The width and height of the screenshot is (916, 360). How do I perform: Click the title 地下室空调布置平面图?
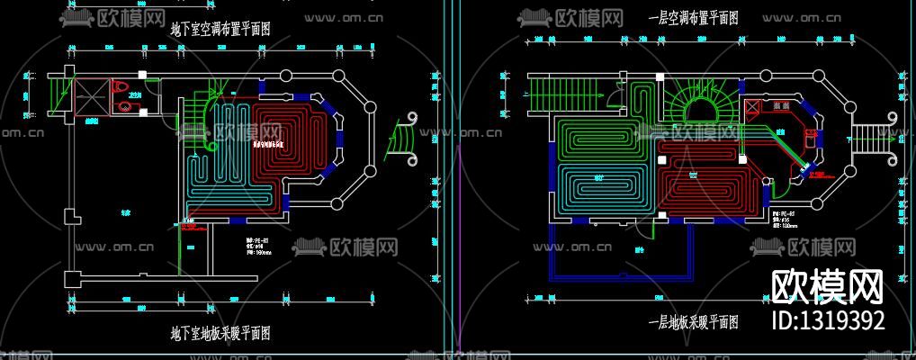pyautogui.click(x=220, y=29)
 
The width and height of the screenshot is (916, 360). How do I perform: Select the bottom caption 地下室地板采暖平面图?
pyautogui.click(x=220, y=333)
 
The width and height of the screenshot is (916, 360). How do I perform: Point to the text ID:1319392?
pyautogui.click(x=828, y=320)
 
